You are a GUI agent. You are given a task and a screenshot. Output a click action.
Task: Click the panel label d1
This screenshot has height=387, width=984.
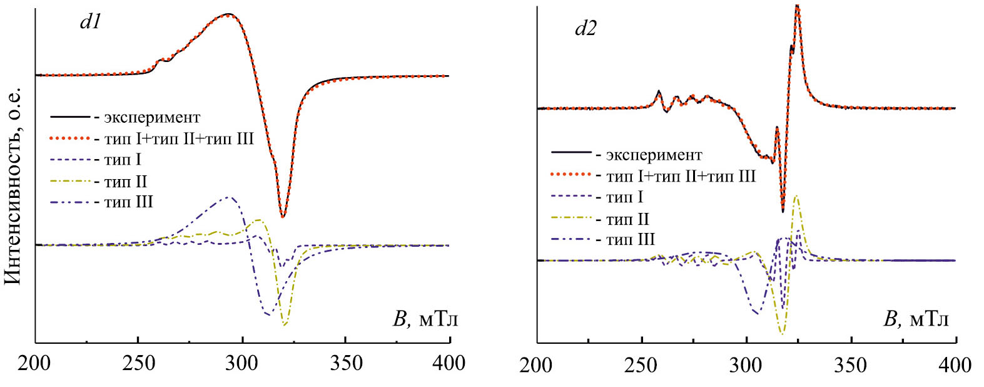[91, 23]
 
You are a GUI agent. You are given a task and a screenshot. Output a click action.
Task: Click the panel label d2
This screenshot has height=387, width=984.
[586, 29]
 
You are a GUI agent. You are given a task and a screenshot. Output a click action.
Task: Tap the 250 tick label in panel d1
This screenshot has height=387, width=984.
[139, 363]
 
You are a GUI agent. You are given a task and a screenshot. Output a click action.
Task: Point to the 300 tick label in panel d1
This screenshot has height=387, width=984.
[242, 363]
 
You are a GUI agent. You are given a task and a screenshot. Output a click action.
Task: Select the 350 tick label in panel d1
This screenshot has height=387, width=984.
[346, 363]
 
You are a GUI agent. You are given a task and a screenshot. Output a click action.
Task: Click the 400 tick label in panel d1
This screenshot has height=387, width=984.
[449, 363]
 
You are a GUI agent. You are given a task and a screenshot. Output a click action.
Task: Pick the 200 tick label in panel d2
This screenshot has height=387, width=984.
[537, 365]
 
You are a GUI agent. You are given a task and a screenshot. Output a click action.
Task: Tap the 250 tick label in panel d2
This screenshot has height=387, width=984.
[641, 365]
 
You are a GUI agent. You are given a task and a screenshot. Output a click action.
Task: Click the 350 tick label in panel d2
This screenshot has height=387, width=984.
[851, 365]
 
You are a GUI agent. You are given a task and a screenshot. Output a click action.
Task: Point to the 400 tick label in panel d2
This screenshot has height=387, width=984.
[955, 365]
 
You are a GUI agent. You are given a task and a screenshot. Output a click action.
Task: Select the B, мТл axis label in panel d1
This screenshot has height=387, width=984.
[425, 319]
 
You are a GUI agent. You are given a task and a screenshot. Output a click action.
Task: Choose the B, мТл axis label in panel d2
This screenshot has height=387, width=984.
[916, 319]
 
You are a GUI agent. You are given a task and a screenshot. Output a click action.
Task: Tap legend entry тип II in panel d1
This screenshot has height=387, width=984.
[126, 182]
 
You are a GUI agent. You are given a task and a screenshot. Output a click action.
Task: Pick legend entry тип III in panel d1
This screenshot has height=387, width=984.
[128, 202]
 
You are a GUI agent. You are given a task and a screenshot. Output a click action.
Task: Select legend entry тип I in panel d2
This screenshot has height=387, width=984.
[624, 198]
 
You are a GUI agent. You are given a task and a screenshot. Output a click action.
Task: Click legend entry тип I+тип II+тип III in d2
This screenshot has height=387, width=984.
[681, 177]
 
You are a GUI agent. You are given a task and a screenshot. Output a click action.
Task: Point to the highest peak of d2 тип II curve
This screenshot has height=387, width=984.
[796, 196]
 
